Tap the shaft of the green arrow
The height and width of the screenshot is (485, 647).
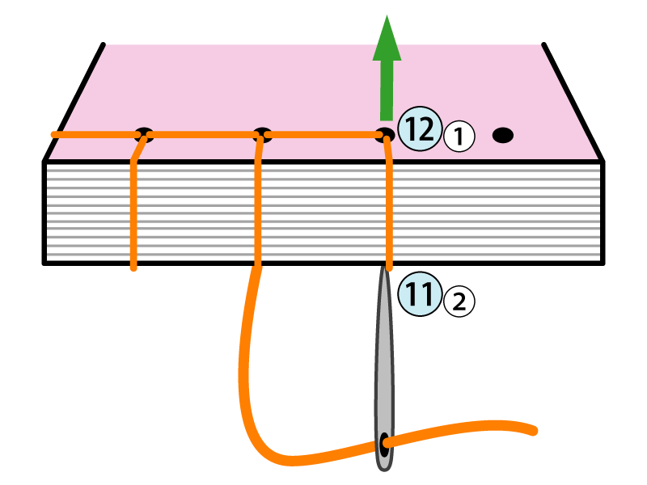click(x=387, y=89)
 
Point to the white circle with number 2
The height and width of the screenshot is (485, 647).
click(x=459, y=302)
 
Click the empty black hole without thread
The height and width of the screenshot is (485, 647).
click(x=503, y=135)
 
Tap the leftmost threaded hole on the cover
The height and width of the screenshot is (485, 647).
click(x=144, y=134)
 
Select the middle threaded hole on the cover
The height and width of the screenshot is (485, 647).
click(x=261, y=134)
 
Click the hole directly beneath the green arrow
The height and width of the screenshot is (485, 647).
click(x=385, y=134)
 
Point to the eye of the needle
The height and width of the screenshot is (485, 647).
click(x=383, y=443)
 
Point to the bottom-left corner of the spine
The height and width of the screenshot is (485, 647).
click(x=45, y=262)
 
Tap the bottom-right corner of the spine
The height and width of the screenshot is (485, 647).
click(x=603, y=262)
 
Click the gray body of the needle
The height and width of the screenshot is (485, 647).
click(x=384, y=364)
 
